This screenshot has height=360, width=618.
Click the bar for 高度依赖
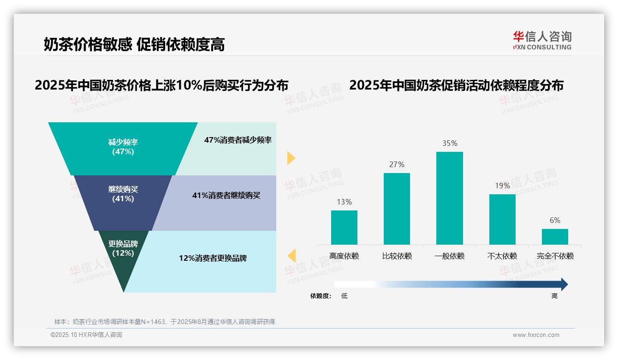[x=344, y=227]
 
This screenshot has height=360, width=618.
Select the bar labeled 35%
[x=449, y=198]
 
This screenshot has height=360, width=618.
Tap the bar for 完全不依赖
[x=555, y=236]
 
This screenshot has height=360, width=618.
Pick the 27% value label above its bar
[x=397, y=164]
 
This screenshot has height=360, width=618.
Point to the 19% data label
[x=502, y=186]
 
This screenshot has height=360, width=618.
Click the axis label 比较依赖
[x=397, y=256]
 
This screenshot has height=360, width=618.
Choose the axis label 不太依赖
[x=502, y=256]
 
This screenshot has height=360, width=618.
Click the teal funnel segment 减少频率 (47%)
[x=123, y=147]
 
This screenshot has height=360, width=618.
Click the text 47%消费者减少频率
[x=238, y=140]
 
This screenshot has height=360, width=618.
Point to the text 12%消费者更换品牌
[x=213, y=258]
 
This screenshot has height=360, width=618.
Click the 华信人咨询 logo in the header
[x=542, y=40]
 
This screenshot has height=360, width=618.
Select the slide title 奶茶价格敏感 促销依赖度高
[x=134, y=44]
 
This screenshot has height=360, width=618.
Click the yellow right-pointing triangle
[x=291, y=158]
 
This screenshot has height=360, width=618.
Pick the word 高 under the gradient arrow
[x=554, y=296]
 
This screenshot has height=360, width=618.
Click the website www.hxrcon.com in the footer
[x=536, y=335]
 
